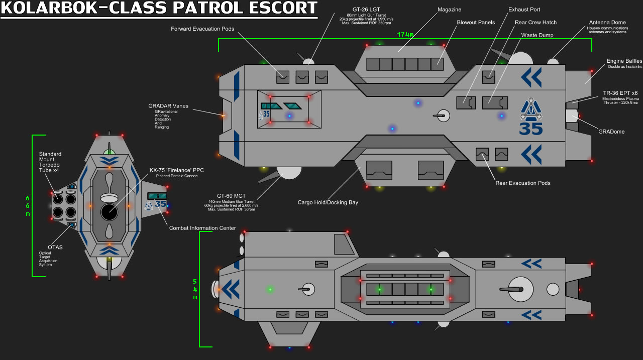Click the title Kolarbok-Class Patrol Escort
point(159,9)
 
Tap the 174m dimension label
point(405,35)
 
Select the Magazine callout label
point(449,10)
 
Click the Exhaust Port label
point(524,10)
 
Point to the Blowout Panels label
point(476,23)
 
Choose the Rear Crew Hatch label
point(535,23)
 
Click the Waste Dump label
point(538,36)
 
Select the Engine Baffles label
point(624,61)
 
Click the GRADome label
point(611,132)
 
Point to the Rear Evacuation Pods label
point(523,183)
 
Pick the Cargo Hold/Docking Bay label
point(328,202)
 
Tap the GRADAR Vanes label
point(168,106)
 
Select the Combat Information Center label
point(202,228)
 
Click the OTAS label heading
point(55,247)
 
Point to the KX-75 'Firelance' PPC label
point(176,170)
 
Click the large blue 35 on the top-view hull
point(531,129)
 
